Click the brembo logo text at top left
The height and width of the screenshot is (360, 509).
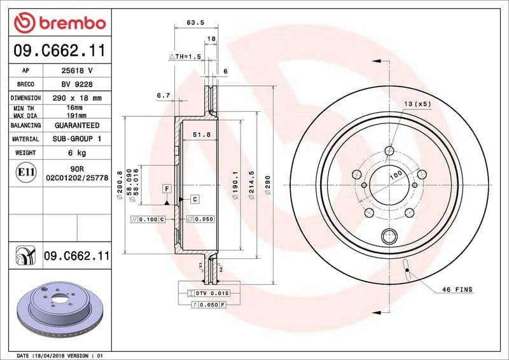pos(59,23)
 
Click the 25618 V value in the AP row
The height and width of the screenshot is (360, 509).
pos(76,71)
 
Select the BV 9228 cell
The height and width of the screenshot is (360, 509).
pos(76,84)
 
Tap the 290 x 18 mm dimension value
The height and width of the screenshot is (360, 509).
pos(76,98)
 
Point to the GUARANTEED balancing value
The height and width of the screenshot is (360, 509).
pos(76,125)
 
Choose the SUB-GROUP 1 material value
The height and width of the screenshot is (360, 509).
pos(76,139)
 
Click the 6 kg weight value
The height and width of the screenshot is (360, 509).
pos(76,153)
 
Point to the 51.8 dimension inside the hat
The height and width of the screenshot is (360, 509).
pos(201,135)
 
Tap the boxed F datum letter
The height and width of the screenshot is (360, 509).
pos(167,189)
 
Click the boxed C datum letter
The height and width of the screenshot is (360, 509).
pos(195,199)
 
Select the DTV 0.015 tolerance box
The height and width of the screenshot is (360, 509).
pos(207,293)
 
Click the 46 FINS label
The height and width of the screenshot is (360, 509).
pos(457,289)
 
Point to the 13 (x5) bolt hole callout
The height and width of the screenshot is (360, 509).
pos(417,103)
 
